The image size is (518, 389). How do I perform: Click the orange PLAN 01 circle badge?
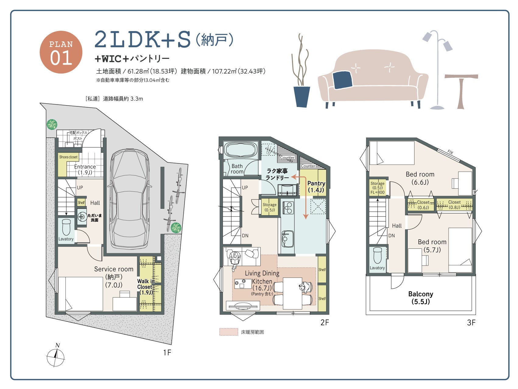coord(61,52)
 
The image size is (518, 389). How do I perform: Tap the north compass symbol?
coord(56,355)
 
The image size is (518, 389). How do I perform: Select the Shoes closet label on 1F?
coord(68,157)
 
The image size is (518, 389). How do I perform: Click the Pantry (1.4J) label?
coord(316,187)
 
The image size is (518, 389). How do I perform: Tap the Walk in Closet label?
coord(146,287)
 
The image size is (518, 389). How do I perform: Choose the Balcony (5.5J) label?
coord(421,298)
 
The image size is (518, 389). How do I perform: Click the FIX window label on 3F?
coord(450,152)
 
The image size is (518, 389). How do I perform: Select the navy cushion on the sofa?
coord(343,80)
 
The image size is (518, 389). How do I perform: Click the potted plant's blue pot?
coord(301,97)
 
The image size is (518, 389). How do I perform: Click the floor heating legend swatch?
coord(229,332)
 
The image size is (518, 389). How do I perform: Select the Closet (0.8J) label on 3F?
coord(454,205)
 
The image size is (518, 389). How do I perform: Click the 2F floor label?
coord(325,322)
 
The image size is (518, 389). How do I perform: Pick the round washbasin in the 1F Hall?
coord(82,217)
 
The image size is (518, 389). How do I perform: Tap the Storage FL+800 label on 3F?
coord(378,188)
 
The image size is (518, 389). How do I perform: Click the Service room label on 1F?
coord(114,277)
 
